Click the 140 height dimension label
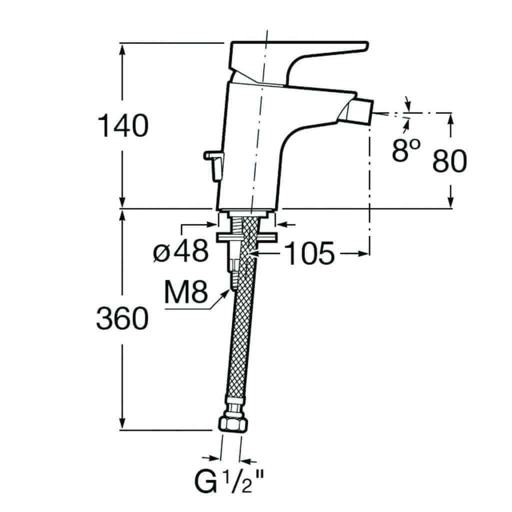click(123, 125)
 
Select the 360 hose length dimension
click(122, 318)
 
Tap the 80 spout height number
click(449, 161)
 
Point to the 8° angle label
click(406, 150)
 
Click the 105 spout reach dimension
click(309, 253)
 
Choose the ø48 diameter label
click(181, 251)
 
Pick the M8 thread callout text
click(186, 292)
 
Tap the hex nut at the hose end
click(233, 424)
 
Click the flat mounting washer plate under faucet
click(246, 237)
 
